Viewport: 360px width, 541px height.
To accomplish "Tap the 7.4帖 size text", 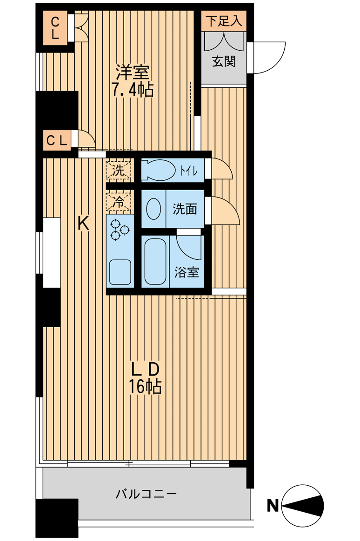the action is tap(133, 90).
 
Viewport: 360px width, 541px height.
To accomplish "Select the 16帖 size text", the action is tap(145, 386).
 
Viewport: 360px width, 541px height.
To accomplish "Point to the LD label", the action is tap(146, 369).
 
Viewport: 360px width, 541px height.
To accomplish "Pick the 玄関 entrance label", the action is tap(224, 61).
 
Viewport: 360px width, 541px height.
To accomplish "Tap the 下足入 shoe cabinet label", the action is tap(224, 21).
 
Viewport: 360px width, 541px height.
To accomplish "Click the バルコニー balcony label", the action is tap(146, 494).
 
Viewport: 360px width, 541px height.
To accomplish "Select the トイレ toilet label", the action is tap(188, 171).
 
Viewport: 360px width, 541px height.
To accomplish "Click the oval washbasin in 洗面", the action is tap(153, 209).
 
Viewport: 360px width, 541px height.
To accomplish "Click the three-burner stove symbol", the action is tap(120, 230).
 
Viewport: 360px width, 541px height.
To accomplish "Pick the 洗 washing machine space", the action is tap(119, 171).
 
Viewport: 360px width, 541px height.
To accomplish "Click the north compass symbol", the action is tap(303, 506).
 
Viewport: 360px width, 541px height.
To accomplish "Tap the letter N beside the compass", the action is tap(273, 506).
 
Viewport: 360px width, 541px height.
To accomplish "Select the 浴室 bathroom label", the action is tap(187, 272).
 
